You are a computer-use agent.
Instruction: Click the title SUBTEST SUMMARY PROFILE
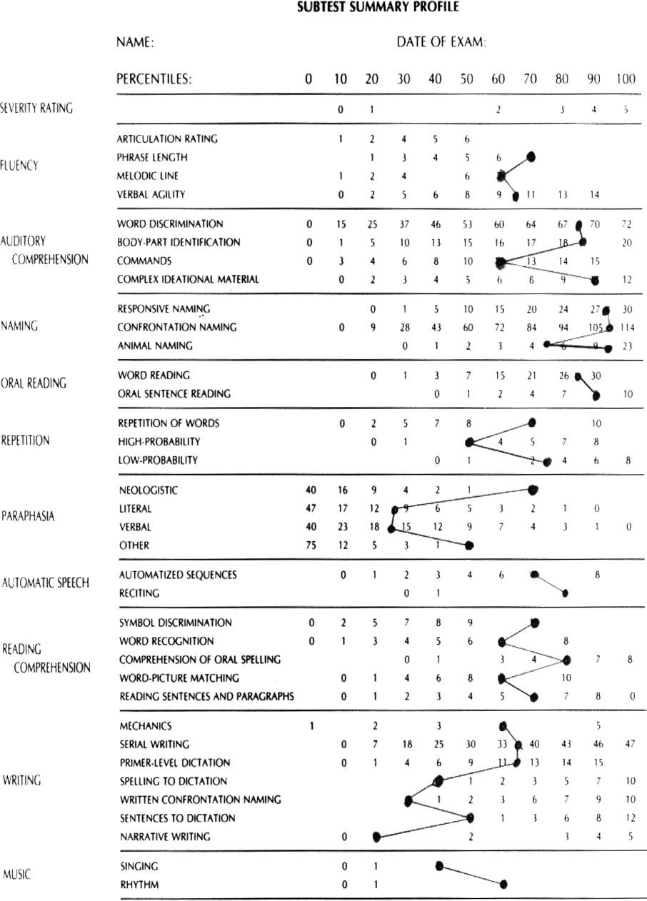377,9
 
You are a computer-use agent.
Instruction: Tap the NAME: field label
136,43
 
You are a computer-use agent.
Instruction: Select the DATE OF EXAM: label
441,43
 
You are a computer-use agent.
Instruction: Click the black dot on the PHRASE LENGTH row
531,156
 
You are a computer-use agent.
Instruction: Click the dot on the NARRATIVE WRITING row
375,837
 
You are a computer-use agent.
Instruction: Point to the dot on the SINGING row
439,865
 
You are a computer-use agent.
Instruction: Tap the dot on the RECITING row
565,593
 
